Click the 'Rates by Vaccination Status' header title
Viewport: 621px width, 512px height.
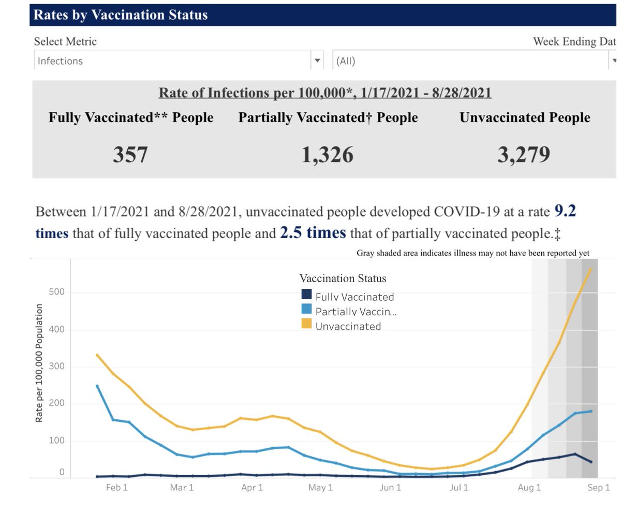point(121,15)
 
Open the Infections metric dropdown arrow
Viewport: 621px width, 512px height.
point(317,61)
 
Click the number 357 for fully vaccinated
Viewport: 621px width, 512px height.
point(130,154)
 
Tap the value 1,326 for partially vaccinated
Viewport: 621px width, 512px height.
point(328,154)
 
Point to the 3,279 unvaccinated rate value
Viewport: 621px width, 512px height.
point(524,154)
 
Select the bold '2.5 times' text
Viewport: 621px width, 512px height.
point(313,233)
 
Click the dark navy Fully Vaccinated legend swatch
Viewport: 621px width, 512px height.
point(306,295)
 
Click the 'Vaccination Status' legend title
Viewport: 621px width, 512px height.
point(343,279)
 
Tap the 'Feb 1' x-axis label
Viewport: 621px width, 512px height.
point(116,488)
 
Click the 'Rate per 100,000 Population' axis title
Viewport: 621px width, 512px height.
point(39,363)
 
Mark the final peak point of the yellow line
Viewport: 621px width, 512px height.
point(590,269)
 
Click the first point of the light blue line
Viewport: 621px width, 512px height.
point(97,386)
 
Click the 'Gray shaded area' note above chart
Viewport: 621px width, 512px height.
point(473,253)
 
